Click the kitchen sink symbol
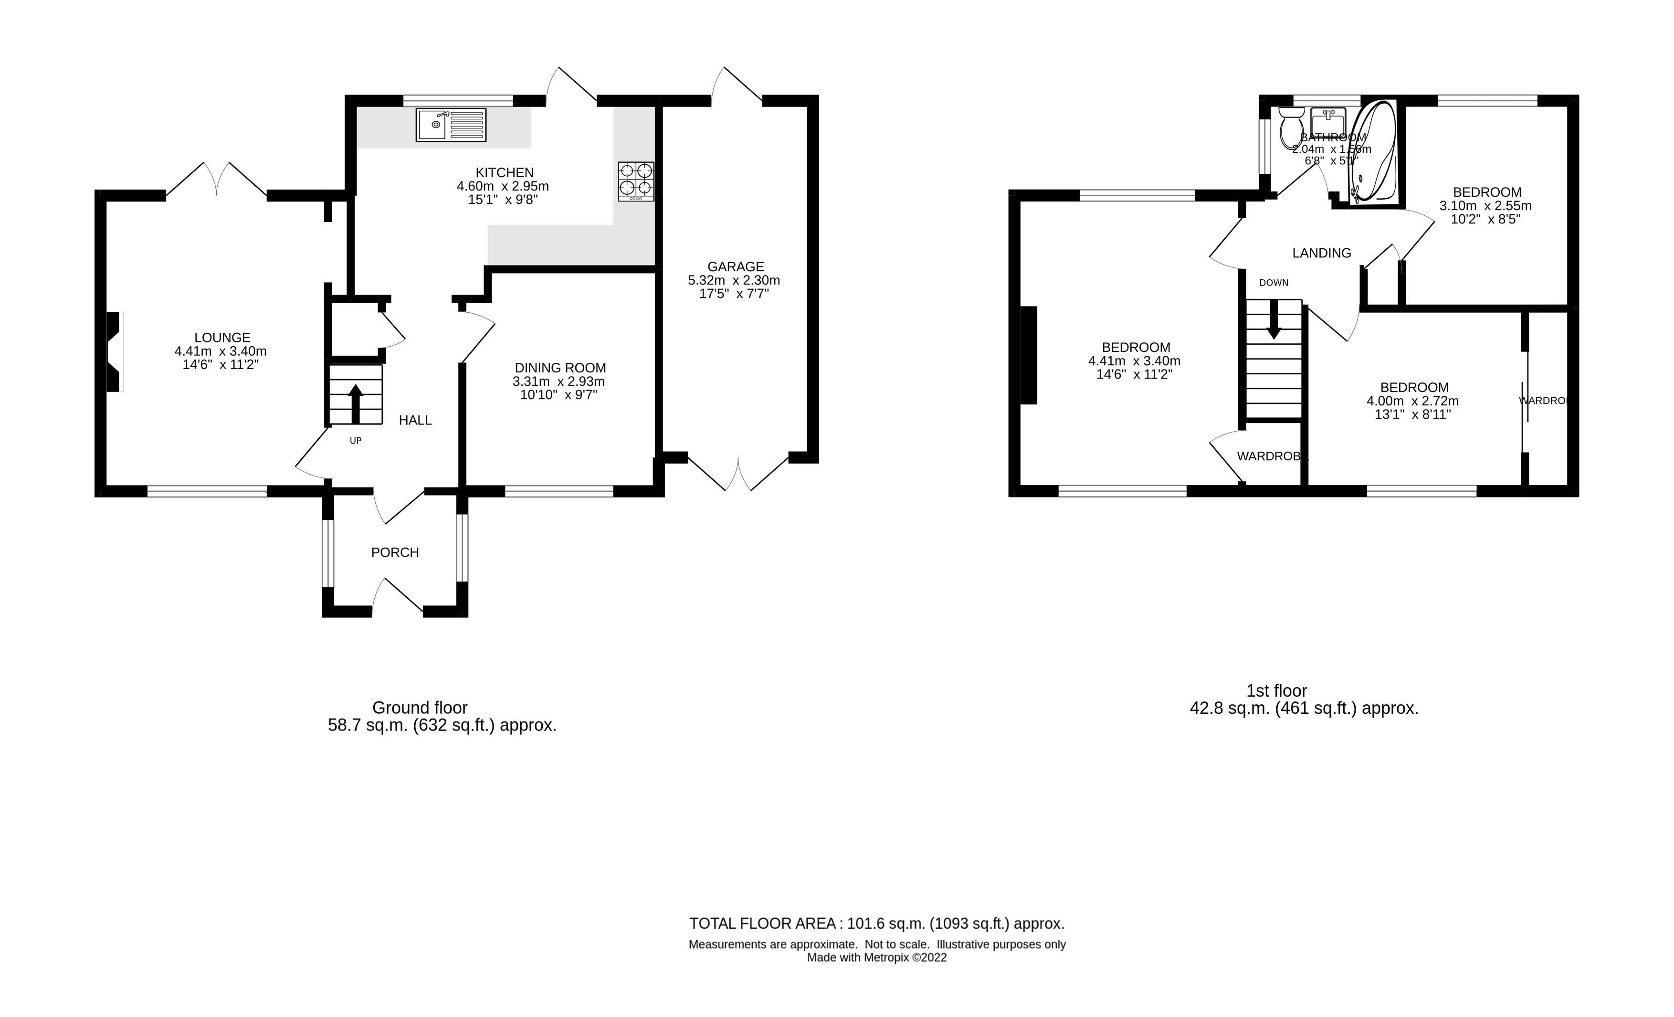pos(451,125)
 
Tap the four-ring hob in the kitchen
pos(636,180)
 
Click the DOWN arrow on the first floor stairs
pos(1273,318)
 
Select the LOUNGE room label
pos(222,338)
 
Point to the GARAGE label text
pos(735,267)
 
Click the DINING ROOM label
pos(560,368)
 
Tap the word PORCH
pos(395,553)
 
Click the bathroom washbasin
pos(1328,122)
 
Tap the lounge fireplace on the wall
pos(114,351)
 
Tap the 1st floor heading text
pos(1276,691)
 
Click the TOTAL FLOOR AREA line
pos(876,924)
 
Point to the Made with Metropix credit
pos(876,958)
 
